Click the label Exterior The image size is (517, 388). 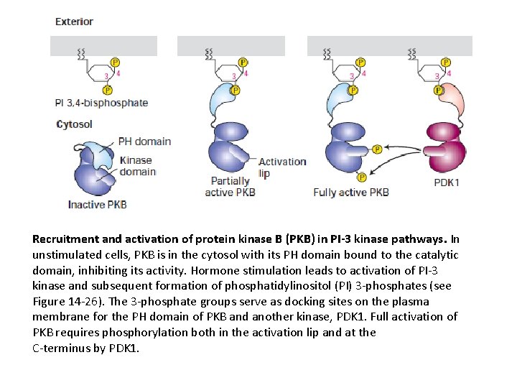75,22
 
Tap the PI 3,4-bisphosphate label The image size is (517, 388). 101,103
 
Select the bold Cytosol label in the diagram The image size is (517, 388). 74,124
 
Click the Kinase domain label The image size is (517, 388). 137,166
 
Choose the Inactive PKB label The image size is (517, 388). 97,204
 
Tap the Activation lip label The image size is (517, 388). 282,167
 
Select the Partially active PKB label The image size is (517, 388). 230,187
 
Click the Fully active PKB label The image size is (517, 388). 351,193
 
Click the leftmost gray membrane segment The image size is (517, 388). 103,46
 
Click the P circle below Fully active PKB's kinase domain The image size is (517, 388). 362,177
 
